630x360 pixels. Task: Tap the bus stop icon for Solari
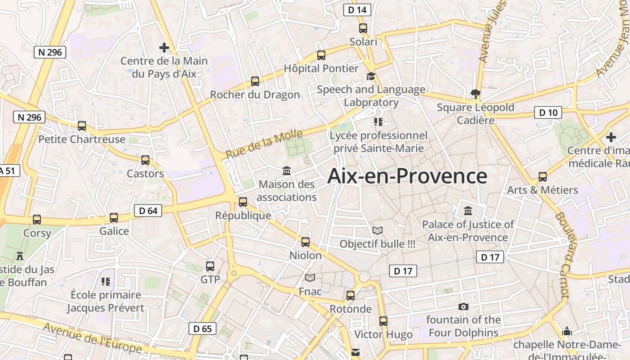tap(363, 28)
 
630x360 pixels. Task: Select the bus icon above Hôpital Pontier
tap(321, 55)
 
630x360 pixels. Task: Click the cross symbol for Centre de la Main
tap(164, 47)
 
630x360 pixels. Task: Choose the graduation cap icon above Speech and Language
tap(371, 76)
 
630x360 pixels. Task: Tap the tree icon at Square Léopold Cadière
tap(475, 94)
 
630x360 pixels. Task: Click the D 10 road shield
tap(548, 112)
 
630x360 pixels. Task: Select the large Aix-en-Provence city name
tap(407, 176)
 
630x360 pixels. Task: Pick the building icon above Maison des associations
tap(287, 171)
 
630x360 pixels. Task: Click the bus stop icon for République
tap(243, 202)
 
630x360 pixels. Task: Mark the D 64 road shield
tap(148, 211)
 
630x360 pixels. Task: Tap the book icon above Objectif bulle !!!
tap(378, 231)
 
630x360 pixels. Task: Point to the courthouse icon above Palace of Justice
tap(468, 211)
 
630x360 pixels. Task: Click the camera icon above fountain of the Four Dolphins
tap(463, 307)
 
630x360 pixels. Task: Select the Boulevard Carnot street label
tap(563, 254)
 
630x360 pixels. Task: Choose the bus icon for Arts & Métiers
tap(543, 177)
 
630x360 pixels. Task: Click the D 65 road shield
tap(202, 328)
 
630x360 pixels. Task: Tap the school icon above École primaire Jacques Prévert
tap(106, 282)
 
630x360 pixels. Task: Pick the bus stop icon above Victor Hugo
tap(383, 321)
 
